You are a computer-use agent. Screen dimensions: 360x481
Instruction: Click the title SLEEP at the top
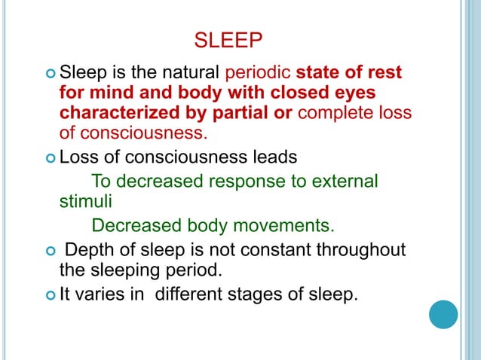pos(228,39)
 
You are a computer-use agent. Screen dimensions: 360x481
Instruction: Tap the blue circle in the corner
pos(443,313)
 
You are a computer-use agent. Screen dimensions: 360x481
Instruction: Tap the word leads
pos(274,159)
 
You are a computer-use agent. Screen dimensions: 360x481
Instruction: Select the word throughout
pos(362,249)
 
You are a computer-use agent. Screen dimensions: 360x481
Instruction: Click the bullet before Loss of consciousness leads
pos(50,159)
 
